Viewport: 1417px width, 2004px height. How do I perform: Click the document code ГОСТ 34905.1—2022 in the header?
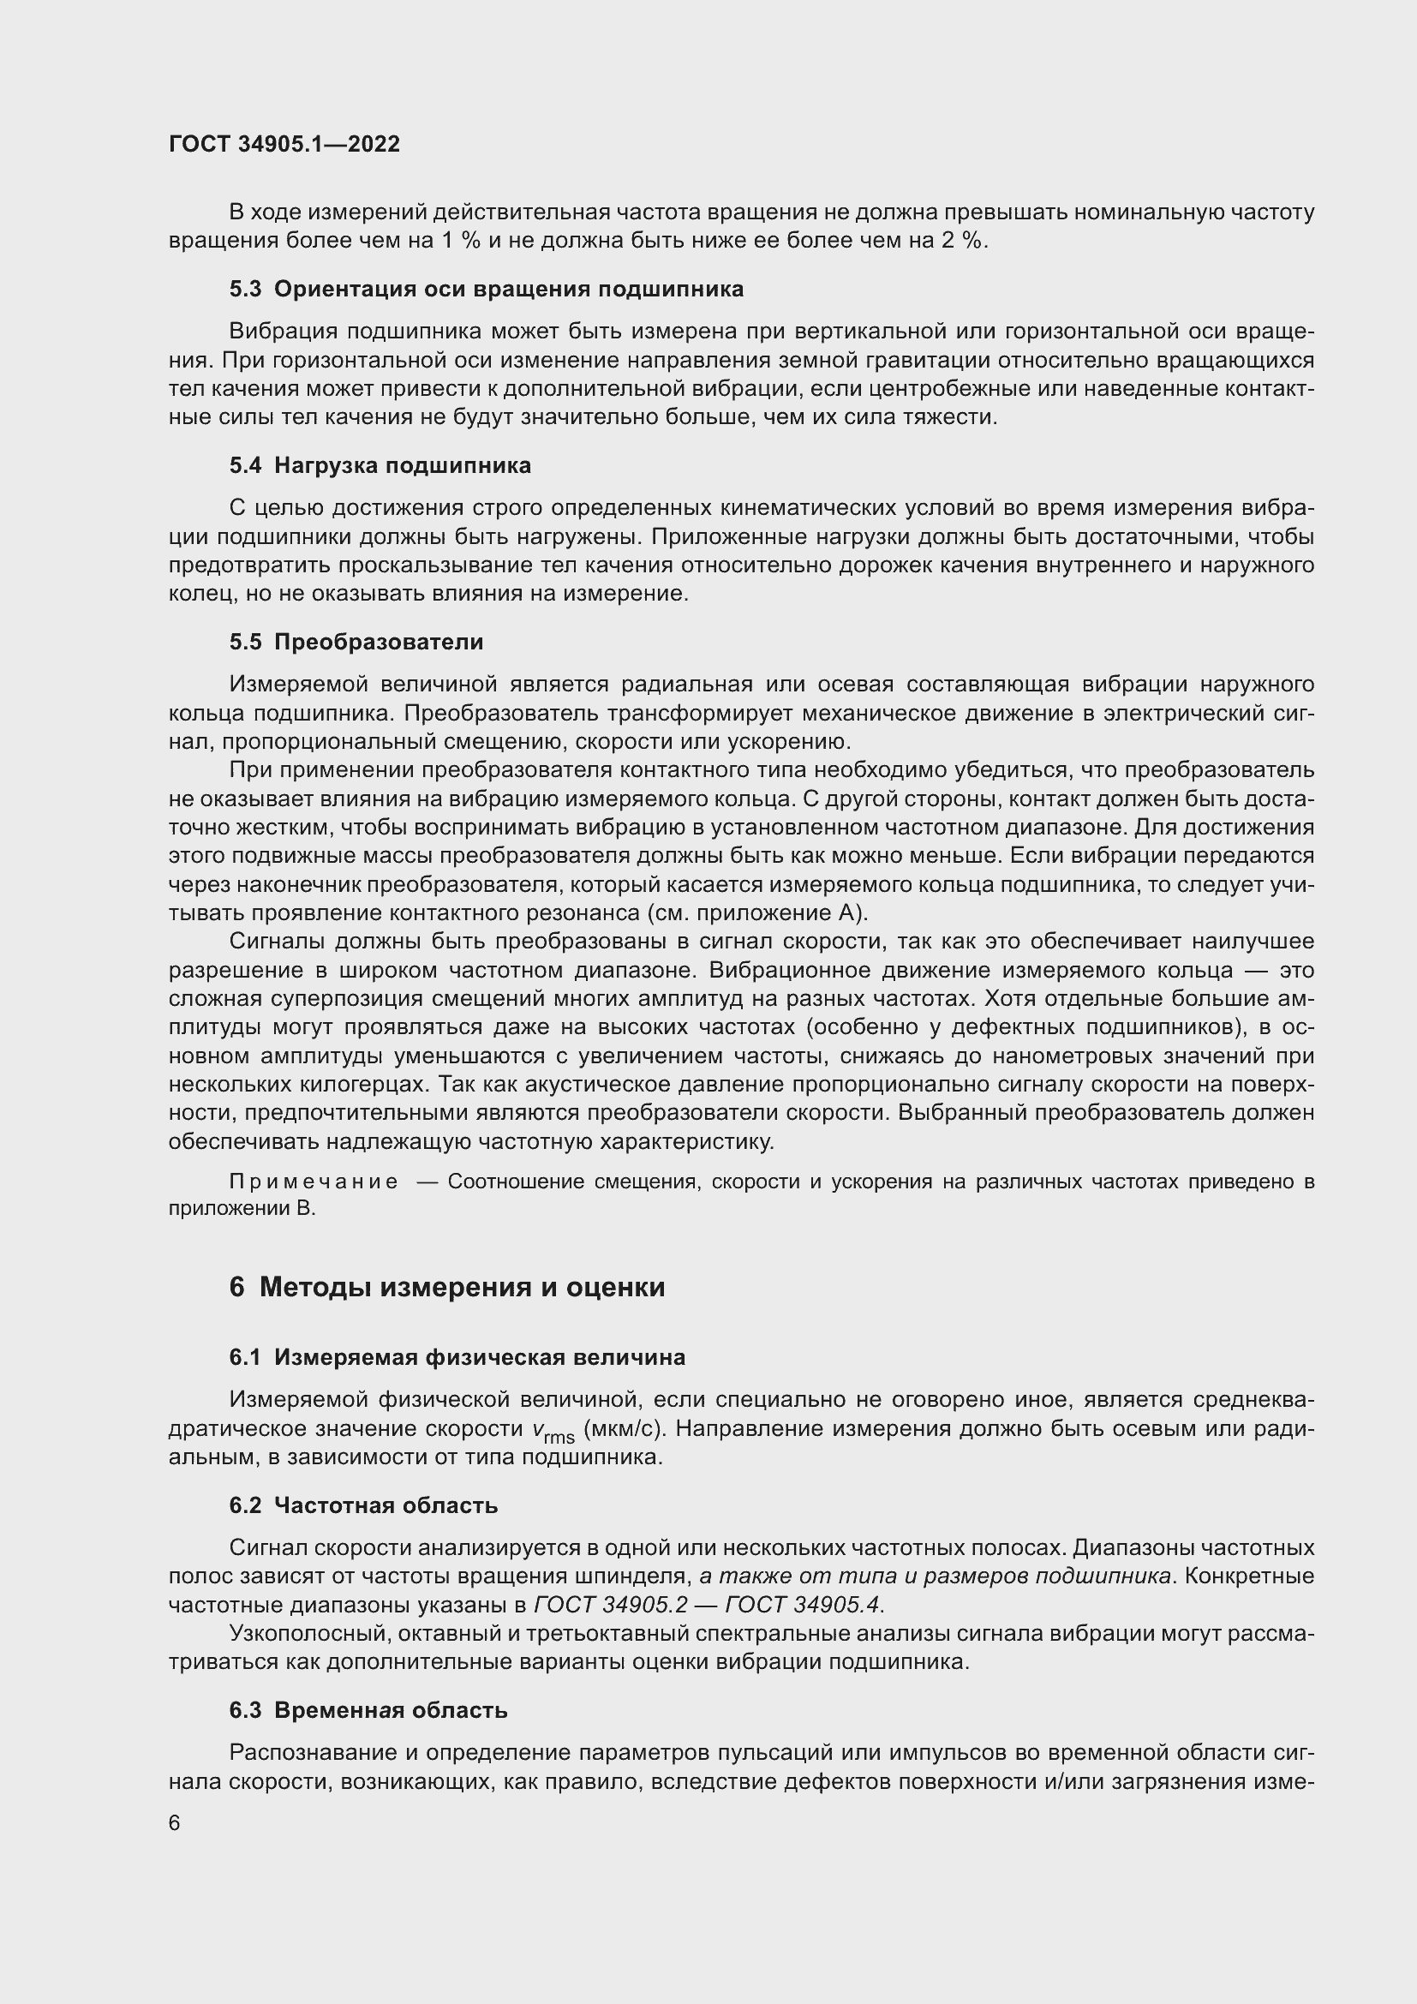[x=284, y=144]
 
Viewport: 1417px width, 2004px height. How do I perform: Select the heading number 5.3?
[x=245, y=290]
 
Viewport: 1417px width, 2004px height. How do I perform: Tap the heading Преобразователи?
[x=378, y=643]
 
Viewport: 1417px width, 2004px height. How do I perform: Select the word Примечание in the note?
[x=314, y=1181]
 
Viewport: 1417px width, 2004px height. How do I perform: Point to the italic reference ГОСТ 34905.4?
[x=804, y=1605]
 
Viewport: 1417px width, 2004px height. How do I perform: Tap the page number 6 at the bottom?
[x=175, y=1823]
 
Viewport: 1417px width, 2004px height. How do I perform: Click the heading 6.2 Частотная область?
[x=363, y=1505]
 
